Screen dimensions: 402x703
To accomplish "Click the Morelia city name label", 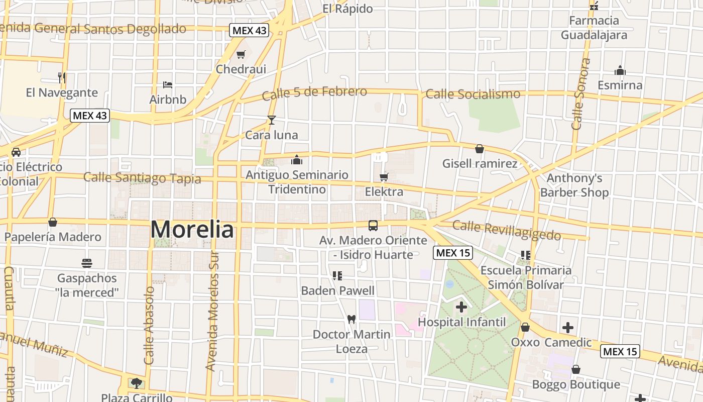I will [x=192, y=230].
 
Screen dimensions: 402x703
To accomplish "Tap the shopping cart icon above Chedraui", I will [x=241, y=55].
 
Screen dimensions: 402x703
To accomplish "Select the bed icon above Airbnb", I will [x=168, y=85].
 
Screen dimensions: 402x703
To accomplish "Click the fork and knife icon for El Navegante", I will [x=62, y=78].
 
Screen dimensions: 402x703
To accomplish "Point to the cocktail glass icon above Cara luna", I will [x=272, y=120].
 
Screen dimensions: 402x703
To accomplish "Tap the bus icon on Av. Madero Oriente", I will [x=373, y=226].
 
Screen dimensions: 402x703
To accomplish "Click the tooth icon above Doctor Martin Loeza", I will [x=351, y=319].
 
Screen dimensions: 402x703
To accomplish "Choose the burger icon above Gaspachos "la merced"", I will [x=87, y=263].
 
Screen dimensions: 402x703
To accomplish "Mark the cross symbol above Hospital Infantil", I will [x=461, y=307].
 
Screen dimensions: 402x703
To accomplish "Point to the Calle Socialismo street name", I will [x=473, y=94].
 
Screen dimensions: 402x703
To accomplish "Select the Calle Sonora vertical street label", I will [x=580, y=94].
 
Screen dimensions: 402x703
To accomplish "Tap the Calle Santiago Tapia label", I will [x=142, y=178].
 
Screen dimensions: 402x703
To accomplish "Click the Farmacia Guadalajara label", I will [x=594, y=28].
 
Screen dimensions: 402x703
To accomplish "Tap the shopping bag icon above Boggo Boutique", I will [x=576, y=370].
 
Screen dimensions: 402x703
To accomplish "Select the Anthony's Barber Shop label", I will [x=574, y=185].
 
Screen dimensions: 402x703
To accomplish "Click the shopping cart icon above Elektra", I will [x=384, y=177].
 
